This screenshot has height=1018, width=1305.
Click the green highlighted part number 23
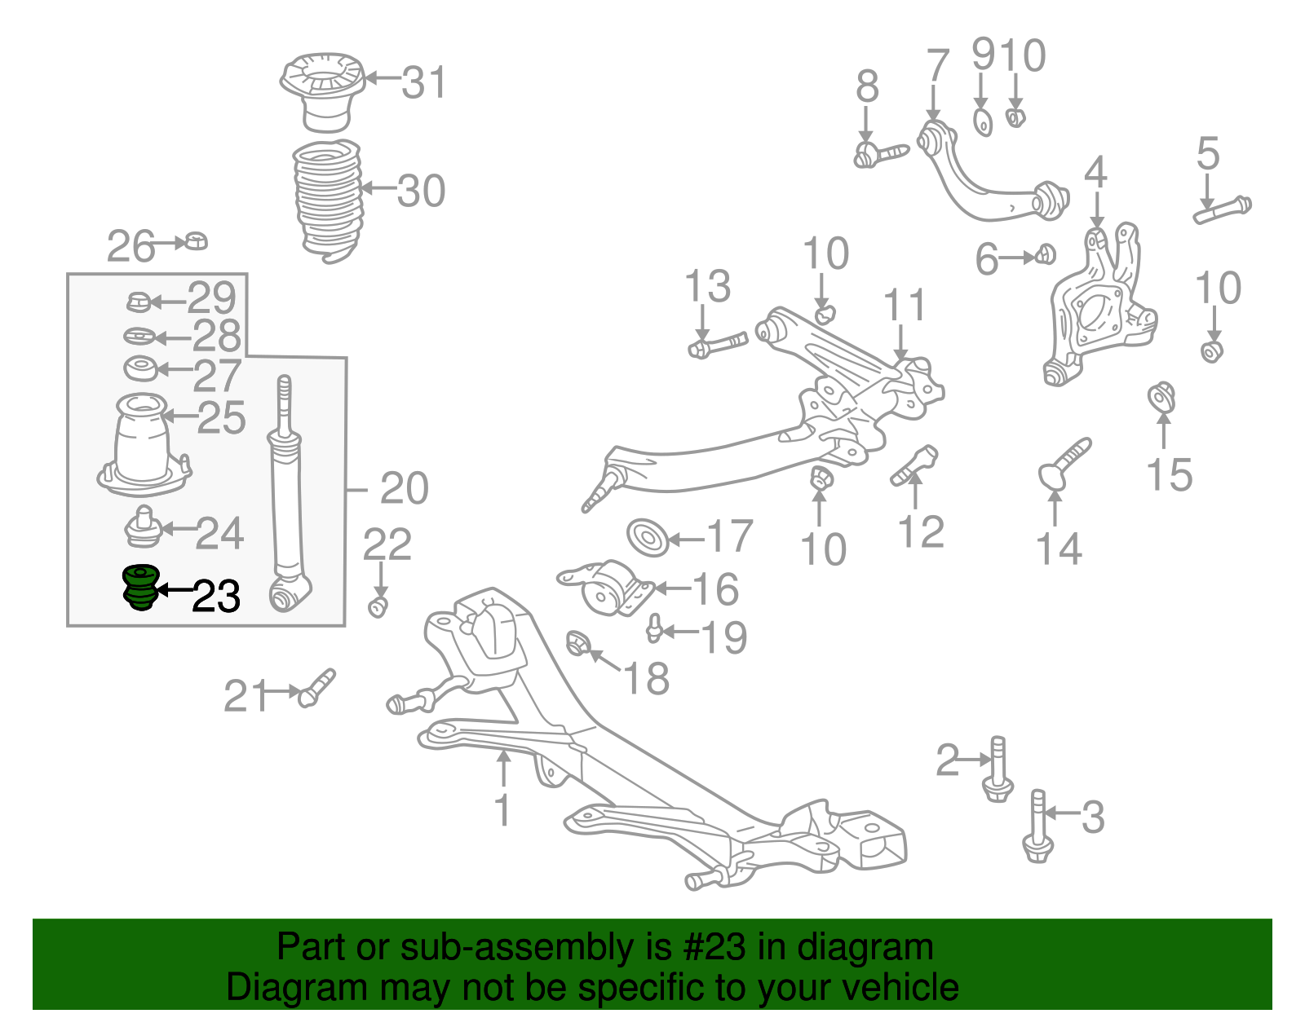(x=139, y=588)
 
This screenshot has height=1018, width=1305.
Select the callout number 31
(x=424, y=82)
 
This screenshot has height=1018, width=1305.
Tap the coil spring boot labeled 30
(x=327, y=200)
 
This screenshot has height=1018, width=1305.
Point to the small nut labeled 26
(x=197, y=241)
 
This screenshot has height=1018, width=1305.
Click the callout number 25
(x=221, y=417)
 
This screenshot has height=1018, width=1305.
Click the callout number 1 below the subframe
(x=503, y=810)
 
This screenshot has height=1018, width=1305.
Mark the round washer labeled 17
(x=648, y=538)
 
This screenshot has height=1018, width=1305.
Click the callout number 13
(x=707, y=286)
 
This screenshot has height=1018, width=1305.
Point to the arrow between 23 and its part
(x=174, y=588)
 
